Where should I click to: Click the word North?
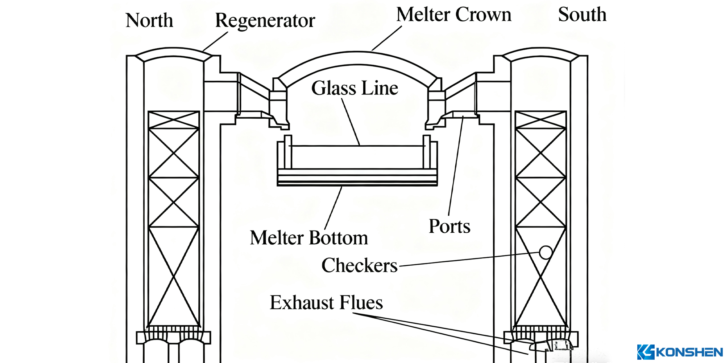[149, 20]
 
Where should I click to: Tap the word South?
[582, 15]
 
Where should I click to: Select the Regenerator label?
[265, 21]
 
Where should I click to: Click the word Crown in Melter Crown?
[483, 15]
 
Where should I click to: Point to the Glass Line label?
[355, 88]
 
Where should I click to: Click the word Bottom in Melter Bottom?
[339, 238]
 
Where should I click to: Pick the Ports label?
[449, 226]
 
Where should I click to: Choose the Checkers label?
[359, 265]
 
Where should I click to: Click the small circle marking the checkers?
[546, 252]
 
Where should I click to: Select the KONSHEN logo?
[680, 352]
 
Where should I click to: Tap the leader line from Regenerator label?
[215, 41]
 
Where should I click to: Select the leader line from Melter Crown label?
[387, 38]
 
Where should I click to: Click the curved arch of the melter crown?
[357, 58]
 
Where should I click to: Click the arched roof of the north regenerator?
[173, 52]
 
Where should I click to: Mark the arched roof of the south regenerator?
[540, 52]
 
